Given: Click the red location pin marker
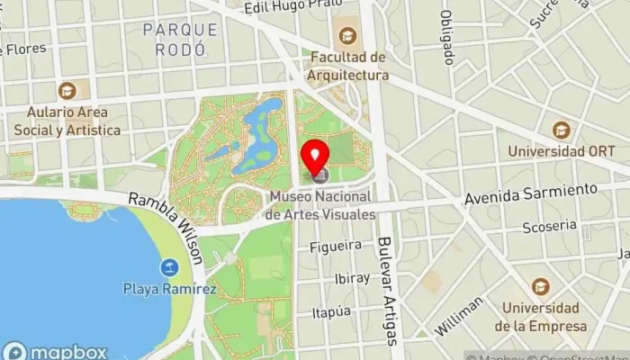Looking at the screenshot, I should click(315, 156).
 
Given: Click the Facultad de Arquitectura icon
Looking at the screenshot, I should click(347, 37).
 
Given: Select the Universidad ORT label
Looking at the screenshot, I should click(565, 152).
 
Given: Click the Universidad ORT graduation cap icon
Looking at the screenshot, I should click(561, 130).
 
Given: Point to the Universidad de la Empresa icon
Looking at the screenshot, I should click(541, 286).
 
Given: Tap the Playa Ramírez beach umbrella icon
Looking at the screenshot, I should click(169, 266).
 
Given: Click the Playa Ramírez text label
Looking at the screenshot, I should click(170, 289).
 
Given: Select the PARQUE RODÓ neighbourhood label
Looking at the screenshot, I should click(180, 39).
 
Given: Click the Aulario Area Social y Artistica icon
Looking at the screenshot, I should click(67, 91).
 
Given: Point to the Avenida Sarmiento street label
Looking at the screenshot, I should click(531, 193).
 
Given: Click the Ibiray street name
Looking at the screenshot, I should click(346, 278).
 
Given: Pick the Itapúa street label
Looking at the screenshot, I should click(330, 311).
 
